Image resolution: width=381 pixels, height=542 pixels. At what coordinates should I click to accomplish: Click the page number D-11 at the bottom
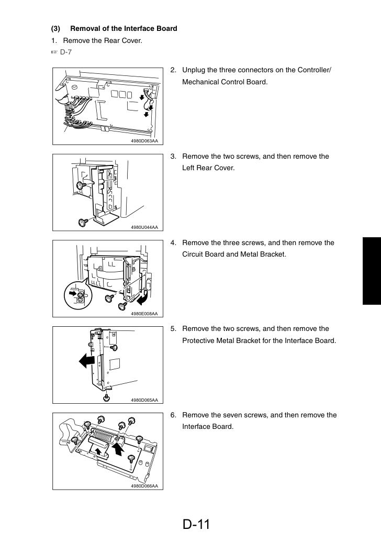[x=196, y=524]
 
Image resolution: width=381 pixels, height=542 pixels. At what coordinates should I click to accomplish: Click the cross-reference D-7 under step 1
[x=65, y=52]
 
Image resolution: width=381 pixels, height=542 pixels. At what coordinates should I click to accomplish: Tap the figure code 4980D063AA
[x=144, y=141]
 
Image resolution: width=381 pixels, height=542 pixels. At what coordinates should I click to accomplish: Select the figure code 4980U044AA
[x=144, y=227]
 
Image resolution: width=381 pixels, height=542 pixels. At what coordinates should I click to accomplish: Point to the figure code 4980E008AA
[x=144, y=314]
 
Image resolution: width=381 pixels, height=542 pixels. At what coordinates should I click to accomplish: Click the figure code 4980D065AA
[x=144, y=400]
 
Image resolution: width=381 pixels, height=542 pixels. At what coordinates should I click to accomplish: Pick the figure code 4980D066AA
[x=144, y=486]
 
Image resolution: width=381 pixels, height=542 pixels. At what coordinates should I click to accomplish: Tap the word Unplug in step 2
[x=194, y=70]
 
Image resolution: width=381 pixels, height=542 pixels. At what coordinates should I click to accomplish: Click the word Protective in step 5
[x=198, y=340]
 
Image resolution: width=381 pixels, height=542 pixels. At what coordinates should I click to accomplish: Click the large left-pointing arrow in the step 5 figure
[x=87, y=361]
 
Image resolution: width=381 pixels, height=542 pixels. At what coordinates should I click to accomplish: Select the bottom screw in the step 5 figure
[x=107, y=397]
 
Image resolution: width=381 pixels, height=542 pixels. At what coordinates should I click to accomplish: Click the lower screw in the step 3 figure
[x=83, y=222]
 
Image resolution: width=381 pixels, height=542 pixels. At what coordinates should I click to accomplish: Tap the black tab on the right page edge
[x=372, y=271]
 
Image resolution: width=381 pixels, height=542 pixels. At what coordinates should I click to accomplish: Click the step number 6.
[x=173, y=415]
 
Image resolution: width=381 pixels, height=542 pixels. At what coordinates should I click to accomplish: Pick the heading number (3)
[x=55, y=29]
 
